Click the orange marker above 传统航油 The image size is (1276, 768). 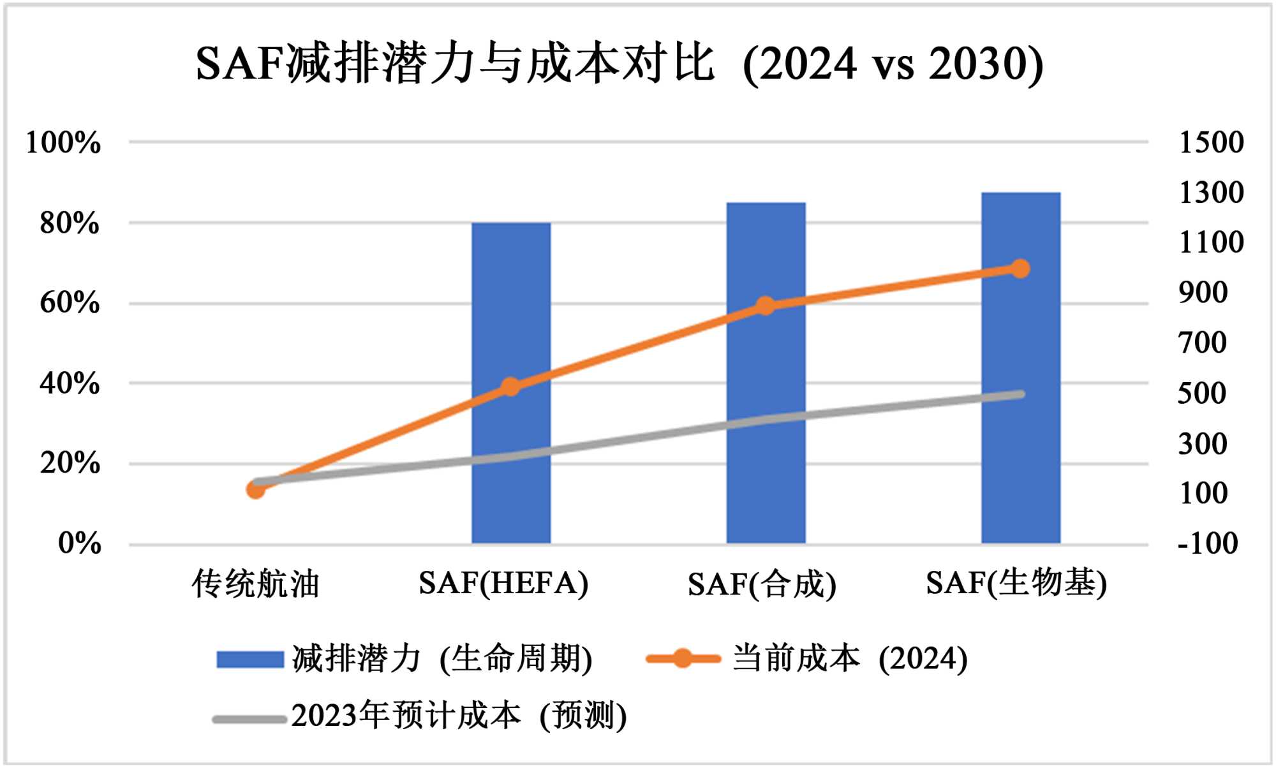(256, 490)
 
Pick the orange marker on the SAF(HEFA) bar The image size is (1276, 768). (510, 387)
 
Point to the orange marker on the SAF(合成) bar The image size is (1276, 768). (766, 306)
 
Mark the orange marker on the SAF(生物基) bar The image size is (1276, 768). (1020, 269)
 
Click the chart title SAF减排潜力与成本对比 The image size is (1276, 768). (619, 64)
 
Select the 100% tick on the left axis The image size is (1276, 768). (63, 143)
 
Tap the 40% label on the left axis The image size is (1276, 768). (69, 384)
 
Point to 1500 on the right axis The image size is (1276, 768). (1211, 142)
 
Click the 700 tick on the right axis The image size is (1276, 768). (1202, 343)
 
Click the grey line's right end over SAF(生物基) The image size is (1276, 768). (1020, 394)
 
